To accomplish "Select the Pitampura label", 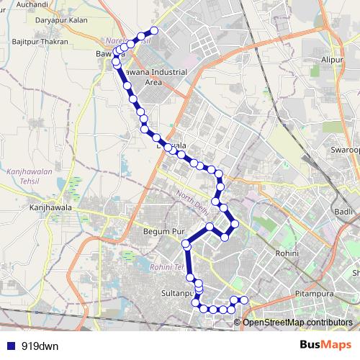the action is (x=315, y=294).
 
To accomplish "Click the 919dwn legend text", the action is (x=40, y=346).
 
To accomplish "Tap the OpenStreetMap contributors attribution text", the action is (x=297, y=322).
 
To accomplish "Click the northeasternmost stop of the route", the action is (x=153, y=30).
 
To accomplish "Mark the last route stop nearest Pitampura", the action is (x=243, y=300).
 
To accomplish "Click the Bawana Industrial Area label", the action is (x=153, y=77).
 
